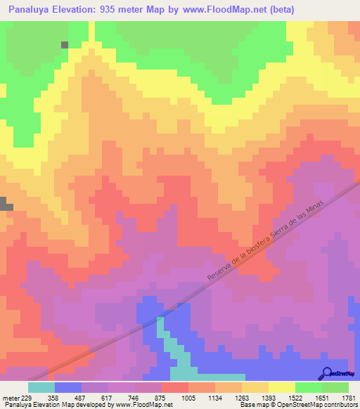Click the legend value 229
(27, 397)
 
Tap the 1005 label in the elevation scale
(188, 397)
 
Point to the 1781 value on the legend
(348, 397)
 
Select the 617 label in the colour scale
(108, 397)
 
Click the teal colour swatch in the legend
(41, 387)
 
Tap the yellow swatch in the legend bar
(281, 387)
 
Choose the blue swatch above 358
(67, 387)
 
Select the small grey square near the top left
(65, 44)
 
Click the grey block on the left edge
(6, 204)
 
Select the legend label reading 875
(161, 397)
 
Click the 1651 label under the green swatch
(321, 397)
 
